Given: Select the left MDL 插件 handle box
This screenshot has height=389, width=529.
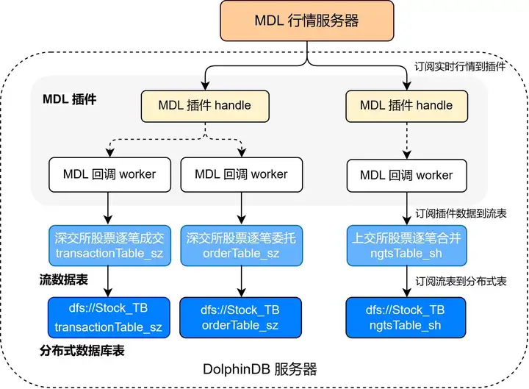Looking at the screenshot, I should point(204,105).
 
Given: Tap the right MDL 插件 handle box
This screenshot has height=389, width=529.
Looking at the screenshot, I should point(406,105).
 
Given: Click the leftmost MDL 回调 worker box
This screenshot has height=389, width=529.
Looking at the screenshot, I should point(108,174).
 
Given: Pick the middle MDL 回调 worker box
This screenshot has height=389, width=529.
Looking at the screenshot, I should point(242,174).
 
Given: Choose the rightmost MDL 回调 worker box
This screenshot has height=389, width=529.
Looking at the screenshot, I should point(406,176).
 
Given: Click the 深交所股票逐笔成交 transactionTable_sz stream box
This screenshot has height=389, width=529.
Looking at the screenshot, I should point(108,246).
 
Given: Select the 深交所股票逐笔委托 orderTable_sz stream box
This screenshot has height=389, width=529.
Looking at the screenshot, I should point(241,246).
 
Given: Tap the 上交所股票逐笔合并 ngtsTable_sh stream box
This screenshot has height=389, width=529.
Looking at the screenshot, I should point(406,246).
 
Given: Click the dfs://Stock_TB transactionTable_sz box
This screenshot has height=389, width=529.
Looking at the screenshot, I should point(108,316).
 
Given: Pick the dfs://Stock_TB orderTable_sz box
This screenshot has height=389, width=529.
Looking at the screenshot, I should point(241,317).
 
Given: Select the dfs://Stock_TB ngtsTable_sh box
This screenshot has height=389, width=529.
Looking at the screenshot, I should point(406,317).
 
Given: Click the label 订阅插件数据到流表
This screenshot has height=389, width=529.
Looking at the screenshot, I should point(461,213).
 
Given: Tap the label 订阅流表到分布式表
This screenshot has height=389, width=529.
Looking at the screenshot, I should point(461,282).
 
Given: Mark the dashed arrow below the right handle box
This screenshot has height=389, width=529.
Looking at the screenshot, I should point(406,140).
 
